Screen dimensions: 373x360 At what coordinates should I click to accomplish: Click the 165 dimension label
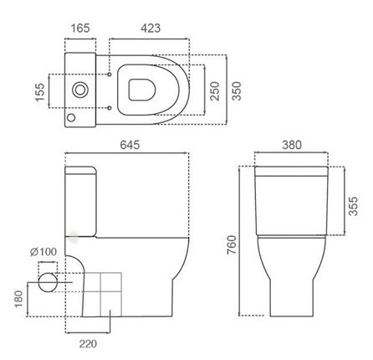(80, 28)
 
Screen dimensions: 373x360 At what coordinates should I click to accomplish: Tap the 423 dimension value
(151, 28)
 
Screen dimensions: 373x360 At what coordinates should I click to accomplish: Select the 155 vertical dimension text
(40, 92)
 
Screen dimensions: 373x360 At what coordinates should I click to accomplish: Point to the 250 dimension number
(215, 91)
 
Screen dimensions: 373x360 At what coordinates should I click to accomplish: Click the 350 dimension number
(237, 91)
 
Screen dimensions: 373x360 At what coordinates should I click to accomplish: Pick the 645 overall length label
(130, 145)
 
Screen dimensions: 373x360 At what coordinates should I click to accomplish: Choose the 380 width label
(292, 145)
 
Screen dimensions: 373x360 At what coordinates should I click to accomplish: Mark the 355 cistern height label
(353, 206)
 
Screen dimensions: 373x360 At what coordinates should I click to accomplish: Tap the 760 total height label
(232, 244)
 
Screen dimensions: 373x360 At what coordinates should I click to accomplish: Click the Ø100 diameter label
(43, 252)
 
